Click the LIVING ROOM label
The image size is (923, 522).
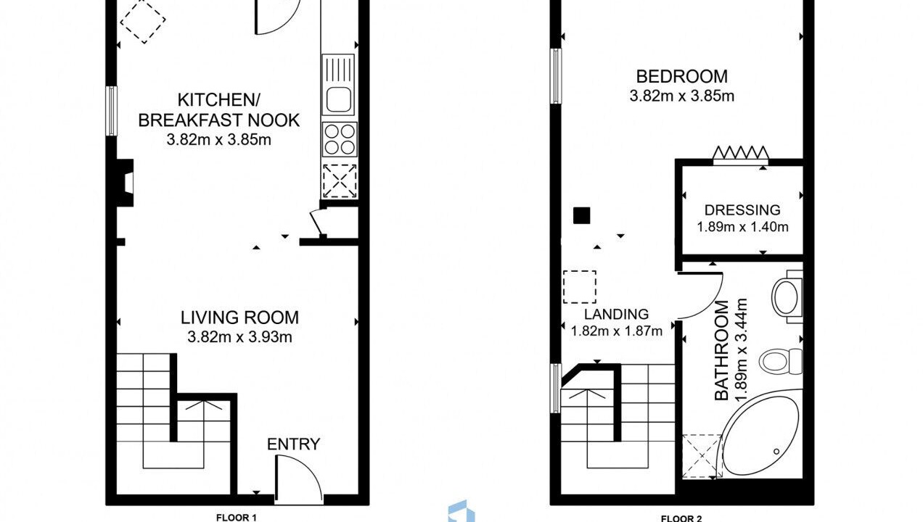(x=239, y=318)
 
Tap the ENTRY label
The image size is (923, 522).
(x=293, y=444)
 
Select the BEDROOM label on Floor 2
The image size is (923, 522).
(x=682, y=77)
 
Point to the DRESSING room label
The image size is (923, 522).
(x=742, y=210)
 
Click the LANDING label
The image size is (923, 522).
(x=617, y=314)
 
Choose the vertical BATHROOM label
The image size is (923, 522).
(x=721, y=351)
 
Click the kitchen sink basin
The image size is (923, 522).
(x=339, y=99)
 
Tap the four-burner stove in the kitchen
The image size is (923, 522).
(x=340, y=139)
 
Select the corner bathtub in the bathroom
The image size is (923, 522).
(x=761, y=434)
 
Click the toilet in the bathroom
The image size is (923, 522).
(x=781, y=362)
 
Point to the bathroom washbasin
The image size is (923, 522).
(x=787, y=297)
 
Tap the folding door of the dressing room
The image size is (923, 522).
(x=741, y=153)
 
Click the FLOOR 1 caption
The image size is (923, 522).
(x=236, y=518)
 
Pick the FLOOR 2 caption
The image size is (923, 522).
(x=681, y=518)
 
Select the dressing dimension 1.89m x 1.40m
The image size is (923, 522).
(x=742, y=227)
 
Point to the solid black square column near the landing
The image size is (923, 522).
(x=581, y=215)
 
